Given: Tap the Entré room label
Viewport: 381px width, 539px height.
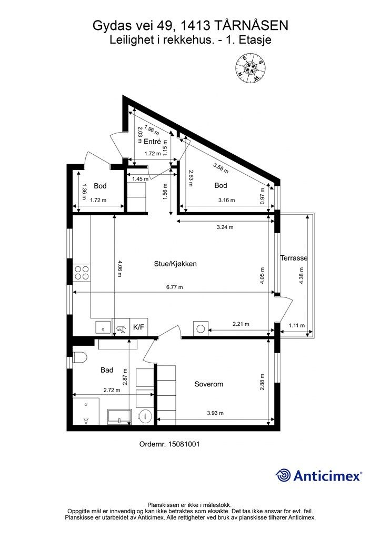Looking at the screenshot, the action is (x=152, y=141).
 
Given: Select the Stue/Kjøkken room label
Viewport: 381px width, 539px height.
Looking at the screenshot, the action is (x=175, y=264).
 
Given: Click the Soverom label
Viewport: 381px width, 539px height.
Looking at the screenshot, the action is (x=208, y=384).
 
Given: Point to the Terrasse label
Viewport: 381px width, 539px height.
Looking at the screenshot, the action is (x=294, y=258).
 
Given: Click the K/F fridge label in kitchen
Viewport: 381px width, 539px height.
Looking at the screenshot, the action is (x=138, y=327).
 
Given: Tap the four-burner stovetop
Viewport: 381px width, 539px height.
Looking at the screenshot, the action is (x=82, y=273).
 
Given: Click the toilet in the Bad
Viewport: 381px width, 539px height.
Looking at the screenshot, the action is (x=79, y=358).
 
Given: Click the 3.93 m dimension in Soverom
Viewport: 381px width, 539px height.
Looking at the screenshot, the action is (x=215, y=413).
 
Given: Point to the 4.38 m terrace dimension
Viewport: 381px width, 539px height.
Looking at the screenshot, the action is (x=302, y=275).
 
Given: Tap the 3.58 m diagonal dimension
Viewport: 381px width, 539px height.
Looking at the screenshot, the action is (x=221, y=168).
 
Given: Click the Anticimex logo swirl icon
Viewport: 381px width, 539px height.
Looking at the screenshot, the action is (x=283, y=476).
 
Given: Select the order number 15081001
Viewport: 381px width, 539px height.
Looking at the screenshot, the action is (x=184, y=444).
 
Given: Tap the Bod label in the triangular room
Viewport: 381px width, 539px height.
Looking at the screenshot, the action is (x=220, y=185).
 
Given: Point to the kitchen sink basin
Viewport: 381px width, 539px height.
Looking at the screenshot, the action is (x=103, y=327).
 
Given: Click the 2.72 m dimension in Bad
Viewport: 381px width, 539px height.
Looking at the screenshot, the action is (x=112, y=390).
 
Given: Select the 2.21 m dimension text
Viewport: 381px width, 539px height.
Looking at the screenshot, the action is (x=241, y=324).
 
